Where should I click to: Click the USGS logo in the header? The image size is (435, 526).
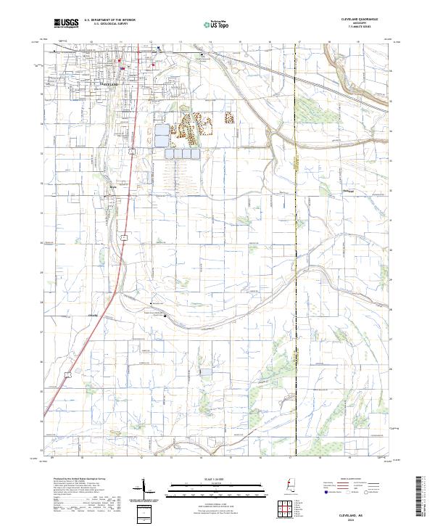click(66, 24)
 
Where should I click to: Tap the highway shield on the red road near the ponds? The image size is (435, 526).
click(132, 152)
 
